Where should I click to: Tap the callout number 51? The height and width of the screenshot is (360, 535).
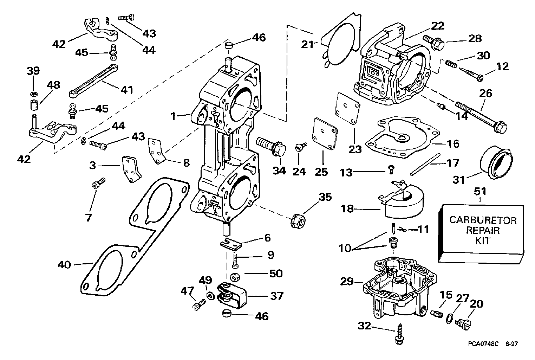[480, 192]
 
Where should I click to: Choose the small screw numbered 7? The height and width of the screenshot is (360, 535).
[98, 183]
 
